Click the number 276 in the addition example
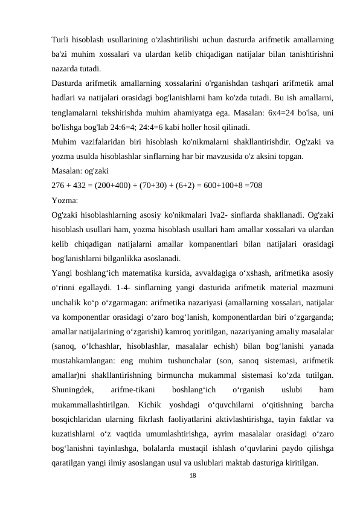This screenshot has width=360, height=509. [x=60, y=185]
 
